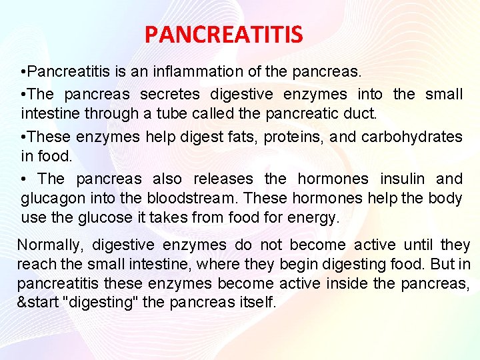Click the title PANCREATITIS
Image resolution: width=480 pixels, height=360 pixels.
(x=223, y=33)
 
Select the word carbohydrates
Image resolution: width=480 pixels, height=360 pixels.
(x=411, y=137)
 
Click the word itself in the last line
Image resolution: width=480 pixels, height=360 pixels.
(x=255, y=302)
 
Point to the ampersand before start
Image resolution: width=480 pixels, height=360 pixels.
(x=21, y=302)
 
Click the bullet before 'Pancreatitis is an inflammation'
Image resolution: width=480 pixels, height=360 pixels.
(x=23, y=71)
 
